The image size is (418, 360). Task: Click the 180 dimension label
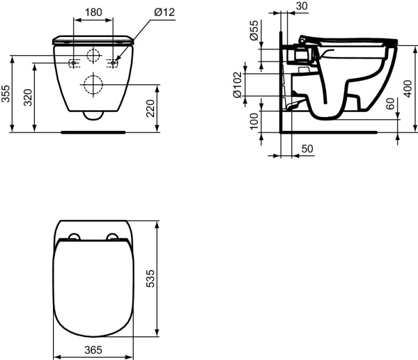[x=94, y=12]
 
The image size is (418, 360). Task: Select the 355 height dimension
[x=6, y=95]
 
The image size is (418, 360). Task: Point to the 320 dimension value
[x=28, y=97]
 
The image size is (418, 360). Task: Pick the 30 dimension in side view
[x=302, y=6]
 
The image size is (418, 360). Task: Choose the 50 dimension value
[x=307, y=150]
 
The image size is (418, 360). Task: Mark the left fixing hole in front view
[x=73, y=63]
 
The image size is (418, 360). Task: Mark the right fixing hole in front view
[x=114, y=63]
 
